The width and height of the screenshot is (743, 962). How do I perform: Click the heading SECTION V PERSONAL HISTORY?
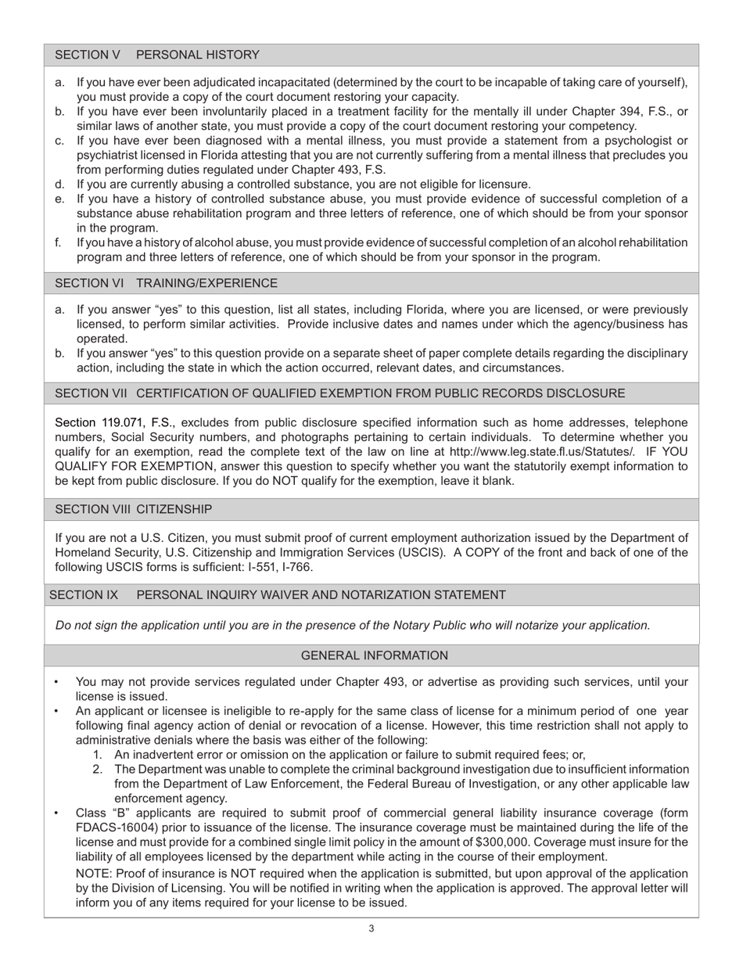point(156,55)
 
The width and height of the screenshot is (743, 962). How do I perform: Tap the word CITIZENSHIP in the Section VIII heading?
point(174,509)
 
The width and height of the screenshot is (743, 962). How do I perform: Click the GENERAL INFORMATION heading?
point(374,655)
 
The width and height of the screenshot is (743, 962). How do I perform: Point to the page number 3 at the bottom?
point(371,928)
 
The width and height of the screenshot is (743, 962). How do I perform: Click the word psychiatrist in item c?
point(108,155)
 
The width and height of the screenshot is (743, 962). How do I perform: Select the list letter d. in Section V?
point(59,184)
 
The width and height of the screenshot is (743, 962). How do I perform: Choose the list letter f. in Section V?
point(59,242)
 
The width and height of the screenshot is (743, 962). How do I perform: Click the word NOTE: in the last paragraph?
point(94,874)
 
